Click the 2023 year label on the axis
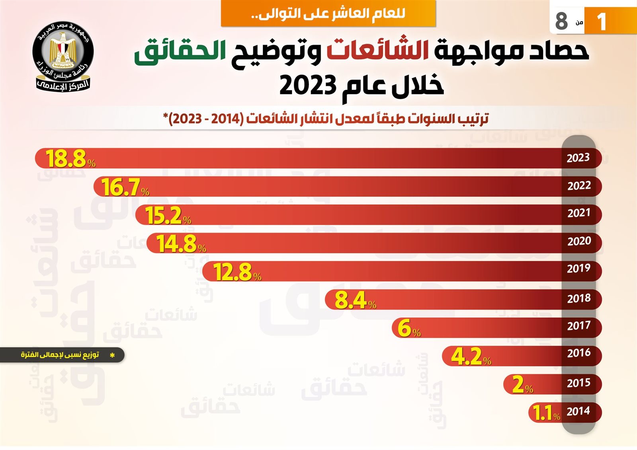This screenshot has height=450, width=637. (x=578, y=158)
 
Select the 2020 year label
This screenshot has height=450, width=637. (x=579, y=241)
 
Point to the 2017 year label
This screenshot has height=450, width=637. (x=579, y=325)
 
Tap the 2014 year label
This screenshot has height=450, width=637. (x=578, y=411)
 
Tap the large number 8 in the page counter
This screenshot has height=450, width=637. (x=561, y=21)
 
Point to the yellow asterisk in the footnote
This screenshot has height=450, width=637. (x=112, y=355)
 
